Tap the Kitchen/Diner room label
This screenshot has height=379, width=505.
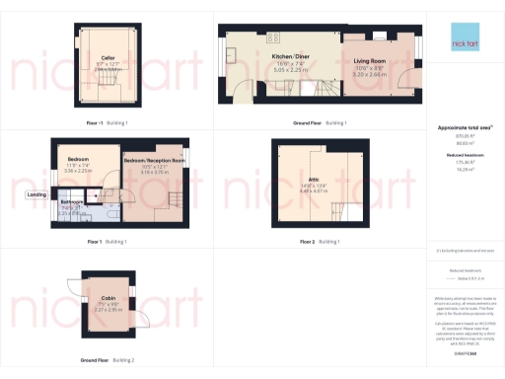pos(291,57)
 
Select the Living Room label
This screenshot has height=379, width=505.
pos(370,60)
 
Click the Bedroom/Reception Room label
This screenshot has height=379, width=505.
pos(154,160)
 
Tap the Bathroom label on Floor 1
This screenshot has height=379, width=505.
pos(72,201)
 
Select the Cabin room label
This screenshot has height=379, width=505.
pos(108,296)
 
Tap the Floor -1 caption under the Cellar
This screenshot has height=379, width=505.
pos(97,122)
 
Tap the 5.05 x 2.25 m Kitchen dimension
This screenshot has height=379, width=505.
pos(291,71)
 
